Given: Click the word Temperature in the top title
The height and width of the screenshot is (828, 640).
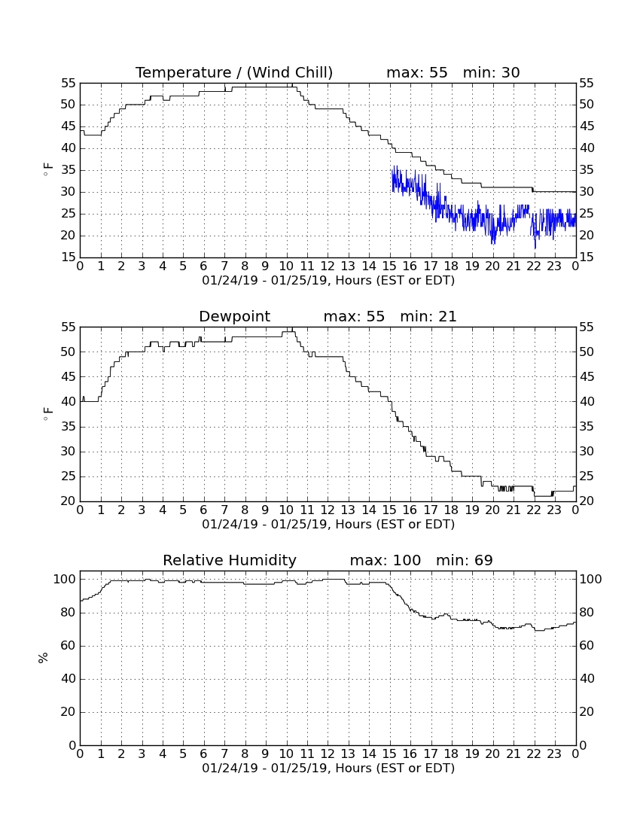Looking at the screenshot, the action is (x=183, y=72).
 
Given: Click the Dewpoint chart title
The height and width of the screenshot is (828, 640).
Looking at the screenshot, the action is (x=234, y=316).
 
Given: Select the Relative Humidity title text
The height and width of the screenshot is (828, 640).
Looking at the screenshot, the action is (x=230, y=560).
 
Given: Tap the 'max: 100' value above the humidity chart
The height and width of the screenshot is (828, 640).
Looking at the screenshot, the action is (x=386, y=560).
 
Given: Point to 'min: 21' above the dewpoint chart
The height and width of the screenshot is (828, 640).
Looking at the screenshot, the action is (x=428, y=316).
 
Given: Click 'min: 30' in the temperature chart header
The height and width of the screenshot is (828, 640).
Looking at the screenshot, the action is (x=492, y=72).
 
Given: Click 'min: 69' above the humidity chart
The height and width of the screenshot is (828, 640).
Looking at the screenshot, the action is (x=464, y=560).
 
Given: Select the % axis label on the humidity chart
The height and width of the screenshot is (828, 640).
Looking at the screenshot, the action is (x=44, y=657).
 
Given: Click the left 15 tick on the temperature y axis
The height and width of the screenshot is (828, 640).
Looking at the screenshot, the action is (x=69, y=257).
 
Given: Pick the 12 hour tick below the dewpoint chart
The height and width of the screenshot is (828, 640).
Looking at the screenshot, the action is (x=328, y=510).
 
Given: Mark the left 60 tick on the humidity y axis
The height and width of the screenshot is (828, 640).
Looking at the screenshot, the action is (x=69, y=645).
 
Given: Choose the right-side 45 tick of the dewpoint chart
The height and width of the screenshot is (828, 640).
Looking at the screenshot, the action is (x=587, y=376).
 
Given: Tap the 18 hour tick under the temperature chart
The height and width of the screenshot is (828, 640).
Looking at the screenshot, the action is (x=451, y=266).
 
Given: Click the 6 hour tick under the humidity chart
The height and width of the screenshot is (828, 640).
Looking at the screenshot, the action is (x=204, y=754).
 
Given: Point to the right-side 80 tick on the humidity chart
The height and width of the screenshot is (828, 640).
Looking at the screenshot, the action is (x=587, y=613).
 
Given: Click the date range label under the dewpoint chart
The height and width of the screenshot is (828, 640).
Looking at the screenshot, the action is (x=328, y=525).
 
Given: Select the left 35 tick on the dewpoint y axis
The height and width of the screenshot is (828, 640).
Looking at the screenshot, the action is (x=69, y=426).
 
